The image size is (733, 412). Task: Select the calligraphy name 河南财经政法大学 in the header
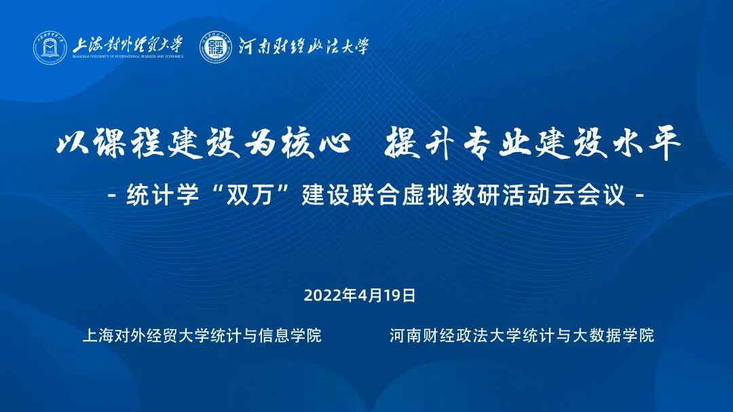[303, 46]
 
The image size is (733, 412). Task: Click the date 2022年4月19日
[359, 295]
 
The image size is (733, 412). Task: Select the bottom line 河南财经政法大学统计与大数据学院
[522, 335]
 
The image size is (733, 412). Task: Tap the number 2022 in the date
[323, 295]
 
